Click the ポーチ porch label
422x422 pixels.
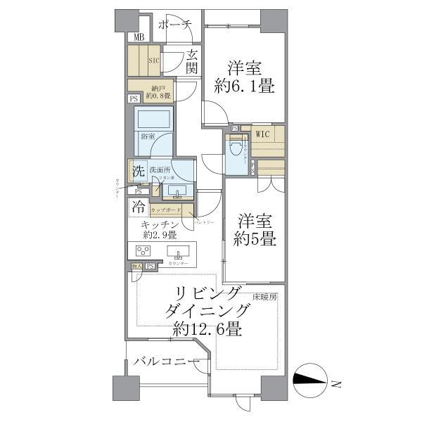[175, 25]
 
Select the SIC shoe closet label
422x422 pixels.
[153, 60]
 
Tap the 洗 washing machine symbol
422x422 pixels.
[138, 170]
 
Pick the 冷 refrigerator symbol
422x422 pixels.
[138, 207]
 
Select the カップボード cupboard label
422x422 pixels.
[171, 210]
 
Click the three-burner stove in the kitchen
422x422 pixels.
[143, 253]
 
